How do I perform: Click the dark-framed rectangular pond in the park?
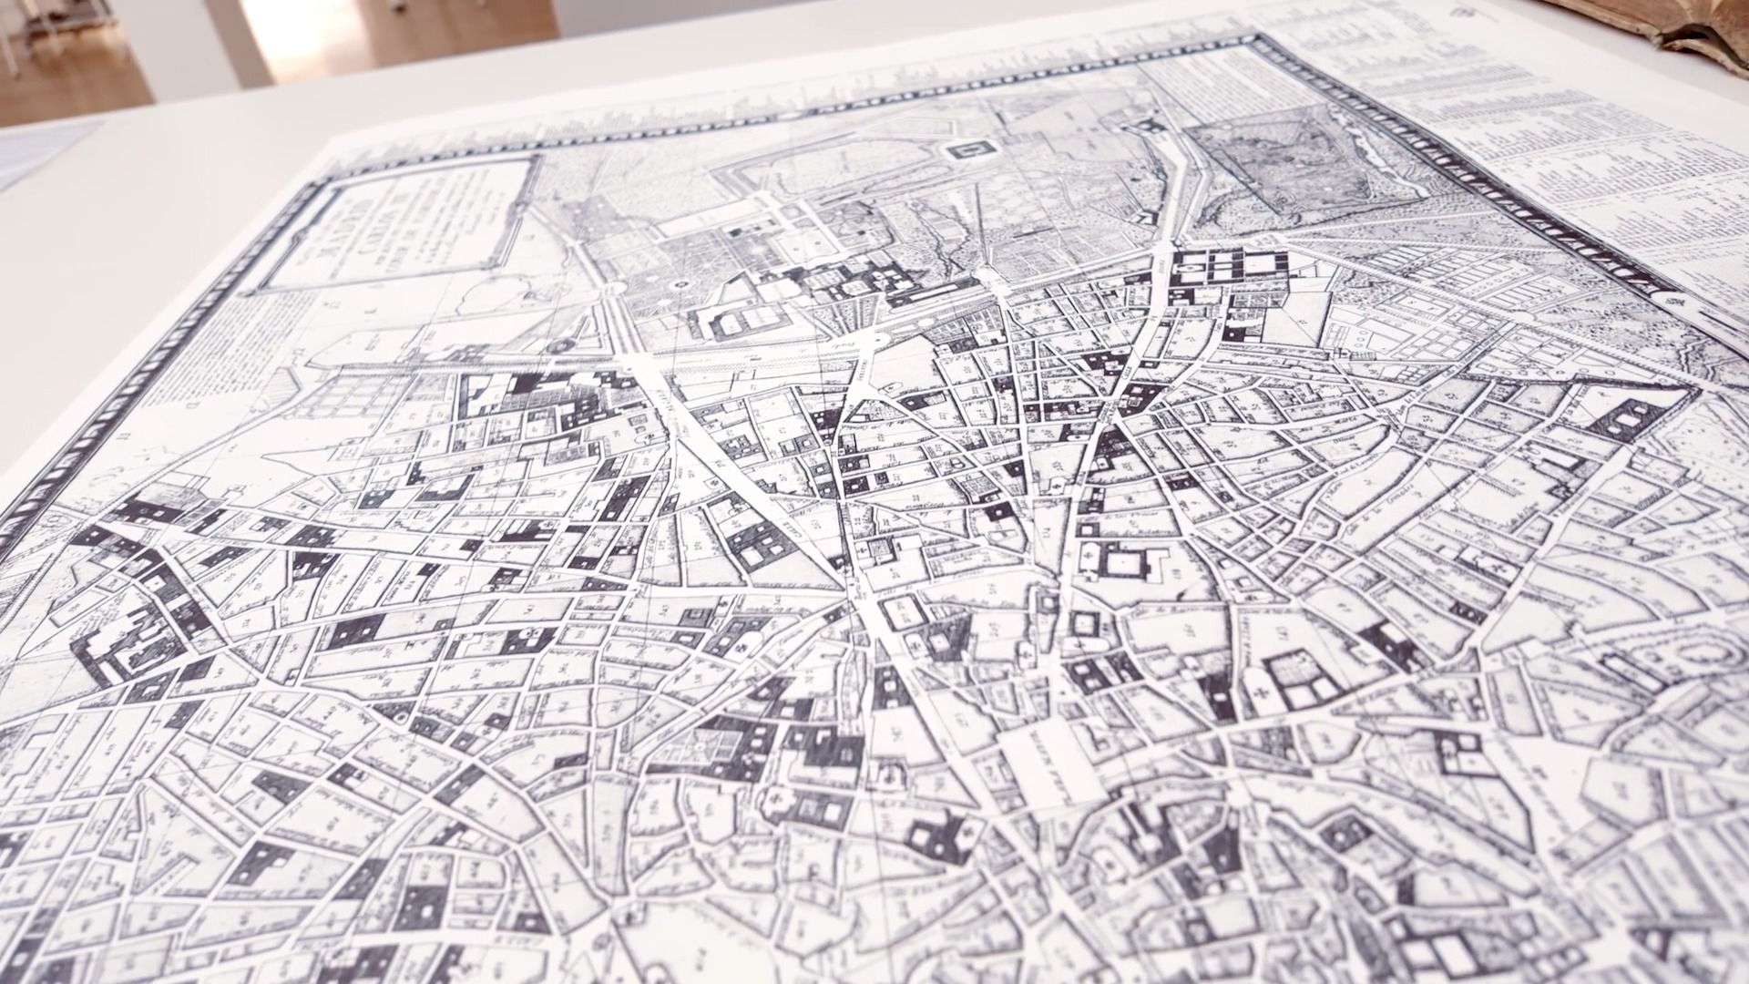[x=967, y=149]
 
